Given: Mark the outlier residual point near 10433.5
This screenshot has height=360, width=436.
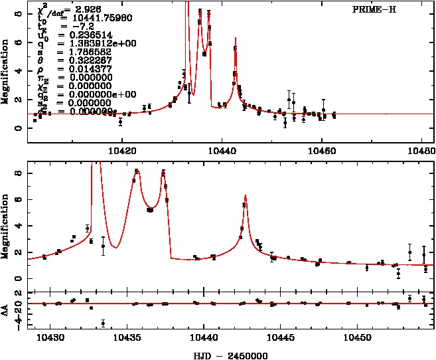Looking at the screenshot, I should tap(103, 323).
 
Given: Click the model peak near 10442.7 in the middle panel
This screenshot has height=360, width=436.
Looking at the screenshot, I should tap(246, 196).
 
